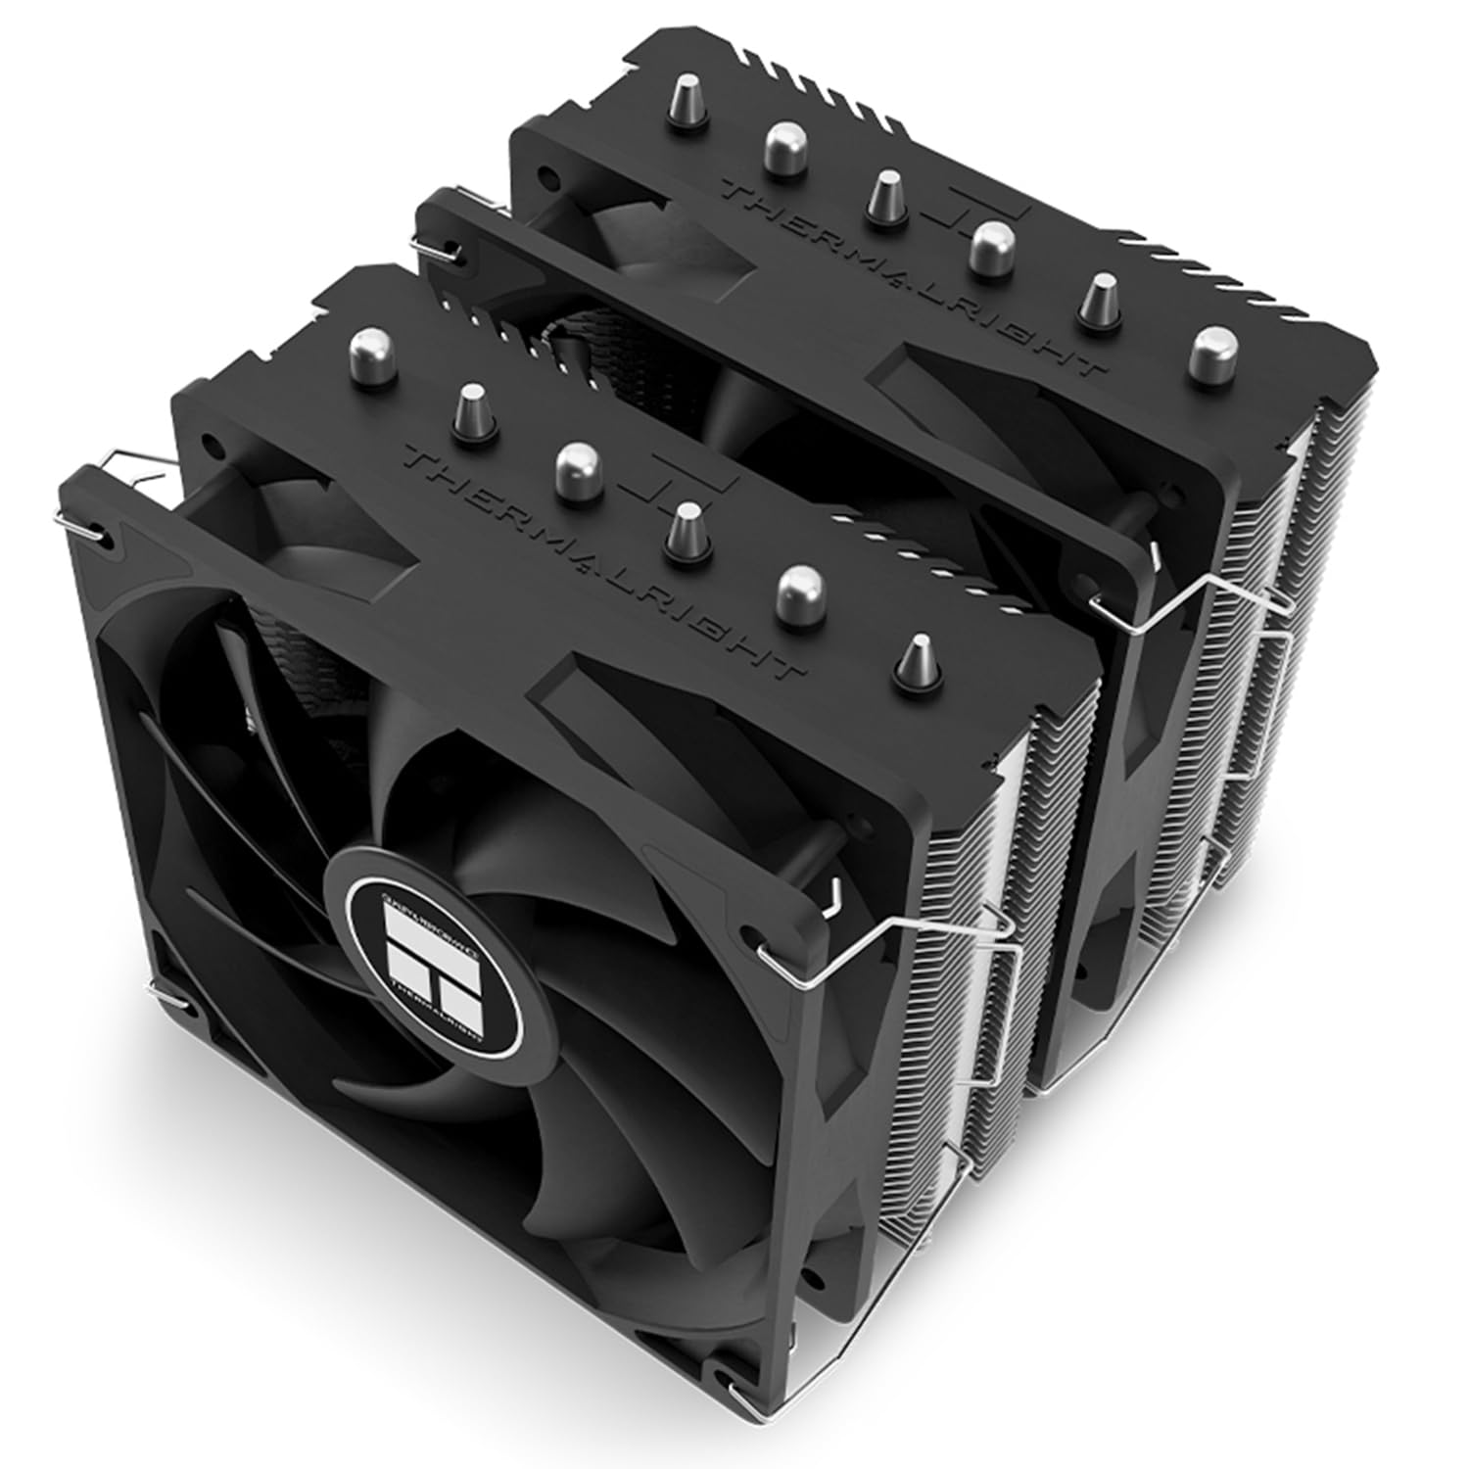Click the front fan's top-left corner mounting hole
pyautogui.click(x=107, y=538)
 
